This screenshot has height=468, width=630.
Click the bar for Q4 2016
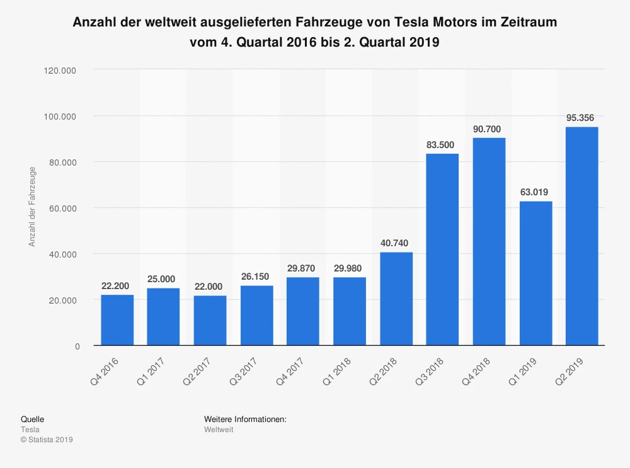point(117,320)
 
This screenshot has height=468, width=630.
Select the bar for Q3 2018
point(442,249)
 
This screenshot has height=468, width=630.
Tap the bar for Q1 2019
point(535,273)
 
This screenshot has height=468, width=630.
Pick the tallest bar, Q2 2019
point(582,236)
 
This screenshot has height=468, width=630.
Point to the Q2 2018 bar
point(396,299)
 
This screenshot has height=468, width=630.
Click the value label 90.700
point(488,129)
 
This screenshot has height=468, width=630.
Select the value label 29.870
point(302,268)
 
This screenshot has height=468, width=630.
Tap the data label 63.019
point(535,192)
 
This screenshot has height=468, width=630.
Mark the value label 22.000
point(210,285)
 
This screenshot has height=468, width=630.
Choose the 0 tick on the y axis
point(77,346)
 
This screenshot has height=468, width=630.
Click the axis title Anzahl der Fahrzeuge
point(32,206)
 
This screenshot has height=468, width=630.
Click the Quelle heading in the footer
point(32,419)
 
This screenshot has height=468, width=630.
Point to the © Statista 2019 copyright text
point(47,440)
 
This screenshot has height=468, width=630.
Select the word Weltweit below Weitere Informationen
point(219,430)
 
